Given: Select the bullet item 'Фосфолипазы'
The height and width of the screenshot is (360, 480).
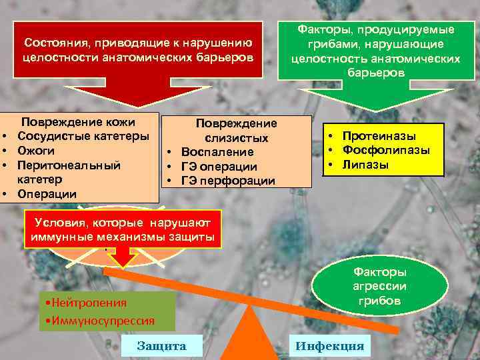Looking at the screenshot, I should (x=386, y=150).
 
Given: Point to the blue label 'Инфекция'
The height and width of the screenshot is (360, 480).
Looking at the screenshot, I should (x=330, y=345).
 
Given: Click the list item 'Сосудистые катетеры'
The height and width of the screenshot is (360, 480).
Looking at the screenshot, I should (x=83, y=137).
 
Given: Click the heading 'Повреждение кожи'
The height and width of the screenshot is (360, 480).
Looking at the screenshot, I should (x=79, y=122).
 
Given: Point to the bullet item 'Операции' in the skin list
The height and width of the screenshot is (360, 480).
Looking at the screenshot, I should (x=47, y=194).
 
